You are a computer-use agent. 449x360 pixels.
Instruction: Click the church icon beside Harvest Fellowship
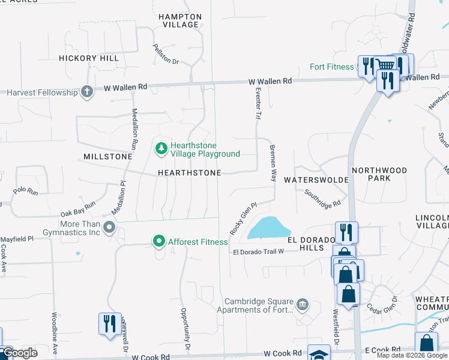tap(87, 92)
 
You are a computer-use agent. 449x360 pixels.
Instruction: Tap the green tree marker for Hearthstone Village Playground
tap(161, 148)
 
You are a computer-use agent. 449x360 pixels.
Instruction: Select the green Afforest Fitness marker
tap(159, 242)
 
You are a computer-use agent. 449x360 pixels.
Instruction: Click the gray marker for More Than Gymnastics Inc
tap(109, 227)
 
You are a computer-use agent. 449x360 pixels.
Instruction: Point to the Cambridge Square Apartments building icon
tap(303, 305)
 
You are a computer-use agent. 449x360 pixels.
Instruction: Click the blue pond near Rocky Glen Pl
tap(268, 228)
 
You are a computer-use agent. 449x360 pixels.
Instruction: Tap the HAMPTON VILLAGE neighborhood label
tap(179, 21)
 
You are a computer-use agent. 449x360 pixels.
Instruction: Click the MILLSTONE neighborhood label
tap(104, 157)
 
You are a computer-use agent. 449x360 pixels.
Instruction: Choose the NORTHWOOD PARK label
tap(379, 175)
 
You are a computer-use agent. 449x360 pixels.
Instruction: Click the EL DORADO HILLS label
tap(310, 244)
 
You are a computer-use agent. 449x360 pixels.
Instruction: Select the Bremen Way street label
tap(273, 163)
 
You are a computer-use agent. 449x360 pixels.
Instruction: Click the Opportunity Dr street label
tap(185, 329)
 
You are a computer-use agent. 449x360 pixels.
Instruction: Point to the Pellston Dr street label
tap(166, 54)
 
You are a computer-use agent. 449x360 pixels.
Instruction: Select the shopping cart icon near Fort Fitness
tap(385, 65)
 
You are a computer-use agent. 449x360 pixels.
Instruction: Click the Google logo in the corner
tap(20, 353)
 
